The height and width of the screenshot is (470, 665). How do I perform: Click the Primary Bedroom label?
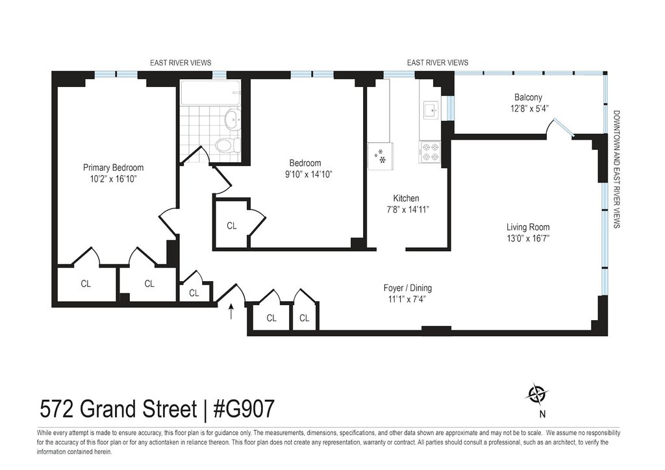click(113, 167)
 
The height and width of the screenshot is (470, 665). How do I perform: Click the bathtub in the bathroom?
click(210, 93)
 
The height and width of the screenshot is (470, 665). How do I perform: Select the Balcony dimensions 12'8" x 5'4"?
click(529, 108)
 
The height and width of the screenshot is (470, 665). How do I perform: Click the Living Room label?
click(528, 227)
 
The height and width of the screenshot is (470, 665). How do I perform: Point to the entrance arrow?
click(231, 311)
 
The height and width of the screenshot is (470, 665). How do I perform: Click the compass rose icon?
click(537, 395)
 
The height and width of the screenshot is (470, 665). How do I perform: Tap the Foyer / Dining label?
click(408, 288)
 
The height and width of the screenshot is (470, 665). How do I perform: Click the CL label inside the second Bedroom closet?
click(232, 226)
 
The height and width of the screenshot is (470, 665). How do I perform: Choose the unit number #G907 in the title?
click(244, 409)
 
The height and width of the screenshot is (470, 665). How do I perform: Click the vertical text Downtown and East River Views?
click(616, 169)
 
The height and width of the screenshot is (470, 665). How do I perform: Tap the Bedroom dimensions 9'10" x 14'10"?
click(308, 174)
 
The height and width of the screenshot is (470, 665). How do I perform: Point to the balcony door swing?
click(560, 127)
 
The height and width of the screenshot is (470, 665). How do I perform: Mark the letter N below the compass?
click(542, 414)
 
